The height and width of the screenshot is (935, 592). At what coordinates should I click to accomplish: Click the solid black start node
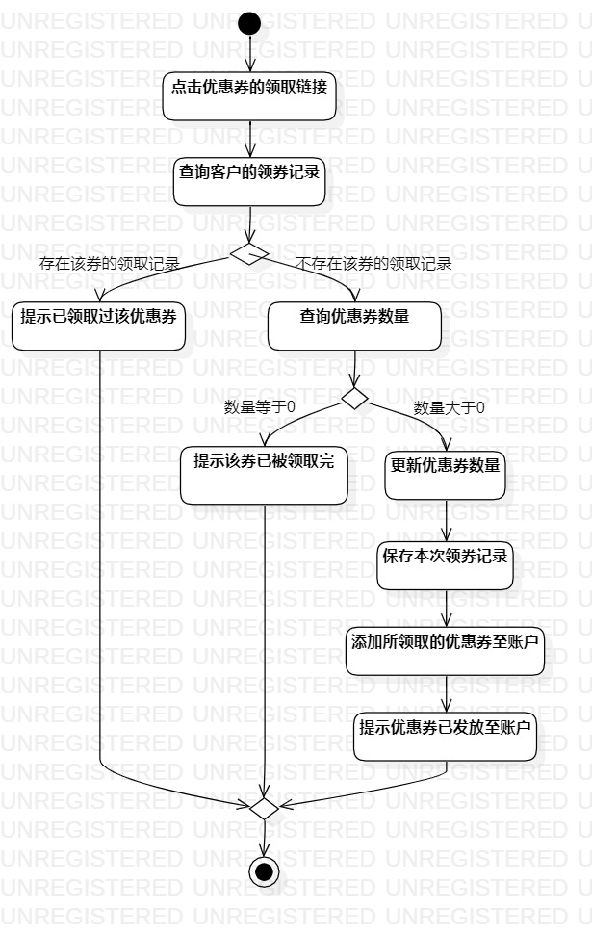pos(249,22)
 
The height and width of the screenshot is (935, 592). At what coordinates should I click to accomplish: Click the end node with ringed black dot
pos(263,871)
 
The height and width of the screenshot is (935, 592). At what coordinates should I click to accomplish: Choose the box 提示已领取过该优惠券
pos(99,326)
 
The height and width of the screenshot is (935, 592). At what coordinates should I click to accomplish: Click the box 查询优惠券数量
pos(354,326)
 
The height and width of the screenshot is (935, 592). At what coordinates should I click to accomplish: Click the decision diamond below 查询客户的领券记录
pos(249,252)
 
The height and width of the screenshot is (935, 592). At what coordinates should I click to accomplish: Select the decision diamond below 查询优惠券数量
pos(355,397)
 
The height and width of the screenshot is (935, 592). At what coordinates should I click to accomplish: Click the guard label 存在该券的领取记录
pos(109,262)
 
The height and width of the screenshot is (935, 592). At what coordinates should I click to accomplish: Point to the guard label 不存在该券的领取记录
pos(373,262)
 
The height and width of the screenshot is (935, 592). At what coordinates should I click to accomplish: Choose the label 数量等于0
pos(259,407)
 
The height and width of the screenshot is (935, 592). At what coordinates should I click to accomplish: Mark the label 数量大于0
pos(449,407)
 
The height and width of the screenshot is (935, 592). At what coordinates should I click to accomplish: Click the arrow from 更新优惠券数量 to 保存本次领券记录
pos(446,520)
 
